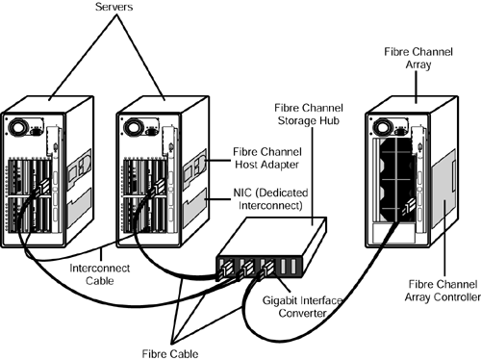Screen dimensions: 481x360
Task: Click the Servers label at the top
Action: tap(114, 7)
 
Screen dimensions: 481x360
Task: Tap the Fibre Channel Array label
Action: tap(418, 58)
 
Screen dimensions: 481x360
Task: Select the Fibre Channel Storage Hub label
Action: tap(309, 115)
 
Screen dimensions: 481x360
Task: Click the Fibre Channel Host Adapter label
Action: tap(267, 158)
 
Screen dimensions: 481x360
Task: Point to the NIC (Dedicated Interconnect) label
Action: tap(270, 199)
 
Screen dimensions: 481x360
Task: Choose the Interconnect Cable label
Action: tap(100, 274)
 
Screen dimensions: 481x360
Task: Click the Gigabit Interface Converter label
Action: tap(302, 306)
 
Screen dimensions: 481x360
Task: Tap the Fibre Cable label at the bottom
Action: tap(170, 353)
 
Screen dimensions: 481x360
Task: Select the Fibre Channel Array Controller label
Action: tap(443, 291)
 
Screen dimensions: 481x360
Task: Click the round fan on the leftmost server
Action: tap(16, 127)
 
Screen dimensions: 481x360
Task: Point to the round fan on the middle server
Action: tap(133, 127)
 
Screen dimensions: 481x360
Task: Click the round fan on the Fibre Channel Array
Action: tap(382, 127)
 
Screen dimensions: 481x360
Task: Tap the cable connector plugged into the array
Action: tap(408, 206)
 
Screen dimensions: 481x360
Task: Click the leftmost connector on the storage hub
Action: tap(224, 270)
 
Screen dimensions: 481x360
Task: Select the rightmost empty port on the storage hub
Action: tap(293, 267)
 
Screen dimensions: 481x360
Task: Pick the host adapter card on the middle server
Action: tap(194, 166)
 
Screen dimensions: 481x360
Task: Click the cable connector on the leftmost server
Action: tap(42, 188)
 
